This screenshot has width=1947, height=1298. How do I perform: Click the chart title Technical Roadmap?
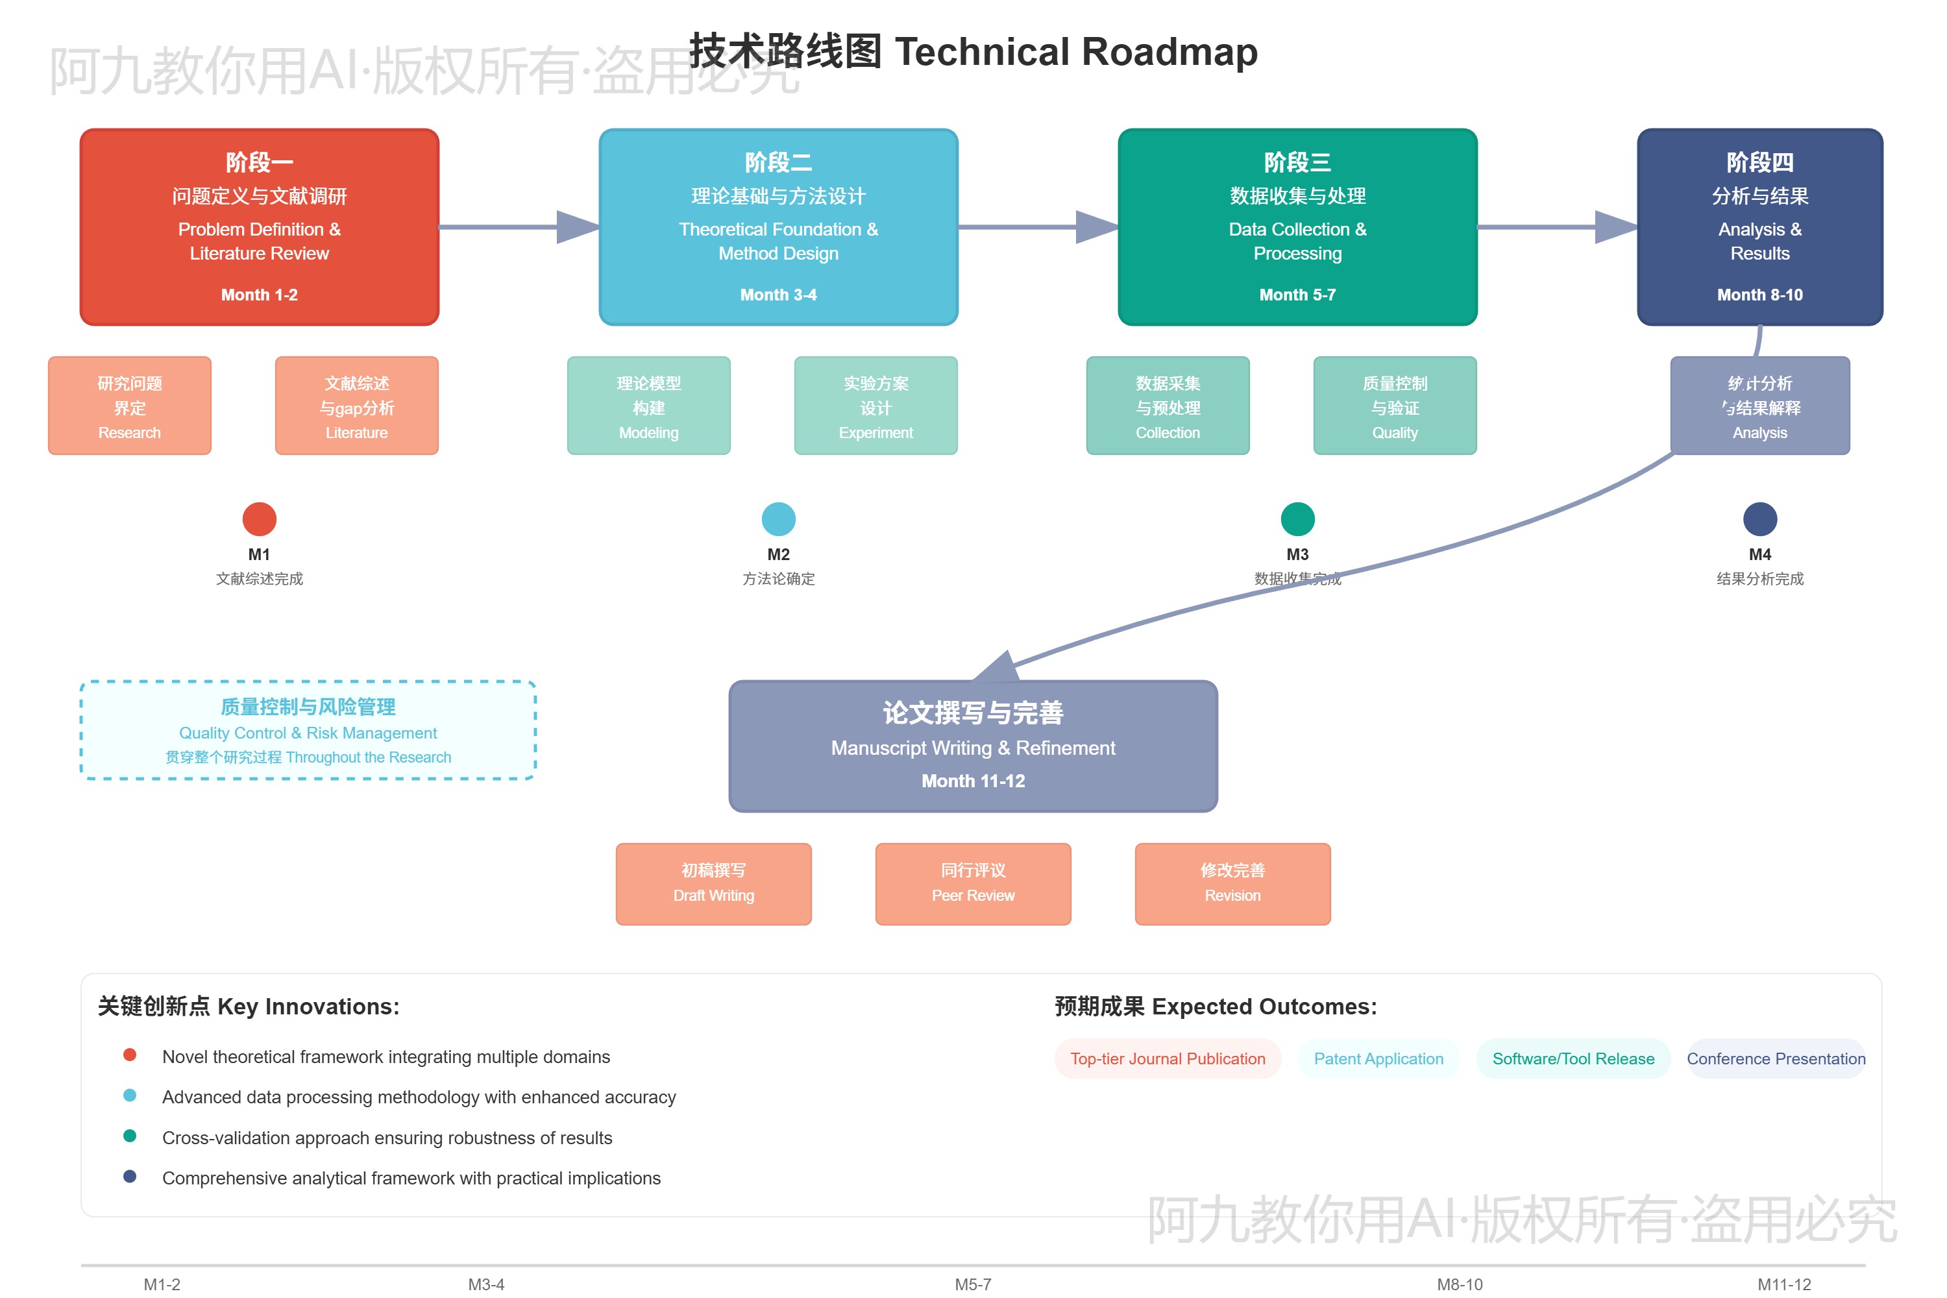(x=973, y=51)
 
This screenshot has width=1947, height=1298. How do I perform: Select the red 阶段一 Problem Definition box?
(x=259, y=226)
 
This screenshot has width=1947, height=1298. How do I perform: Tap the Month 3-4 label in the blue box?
(x=778, y=295)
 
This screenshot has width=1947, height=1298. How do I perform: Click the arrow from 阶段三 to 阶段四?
(x=1556, y=226)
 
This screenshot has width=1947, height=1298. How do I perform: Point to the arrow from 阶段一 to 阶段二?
(x=518, y=226)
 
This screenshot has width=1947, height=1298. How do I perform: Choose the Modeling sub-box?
(x=648, y=406)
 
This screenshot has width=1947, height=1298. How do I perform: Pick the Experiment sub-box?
(x=876, y=406)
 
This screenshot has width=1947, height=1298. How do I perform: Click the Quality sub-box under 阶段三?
(x=1395, y=406)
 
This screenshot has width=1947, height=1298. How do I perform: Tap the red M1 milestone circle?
(x=259, y=519)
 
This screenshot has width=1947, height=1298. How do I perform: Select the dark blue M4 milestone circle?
(x=1760, y=519)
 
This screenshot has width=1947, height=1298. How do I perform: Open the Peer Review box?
(x=973, y=883)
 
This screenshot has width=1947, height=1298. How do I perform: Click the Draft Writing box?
(x=713, y=883)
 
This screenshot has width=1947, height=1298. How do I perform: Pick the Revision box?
(x=1232, y=883)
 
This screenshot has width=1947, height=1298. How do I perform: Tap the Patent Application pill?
(x=1378, y=1059)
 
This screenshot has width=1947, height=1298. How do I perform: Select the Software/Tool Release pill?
(x=1573, y=1059)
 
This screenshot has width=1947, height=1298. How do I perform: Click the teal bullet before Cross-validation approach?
(x=130, y=1136)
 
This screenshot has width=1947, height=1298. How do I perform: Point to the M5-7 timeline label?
(x=973, y=1284)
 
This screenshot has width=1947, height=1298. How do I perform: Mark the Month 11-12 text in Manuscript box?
(x=973, y=781)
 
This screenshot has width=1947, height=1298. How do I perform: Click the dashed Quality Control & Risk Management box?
(x=308, y=730)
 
